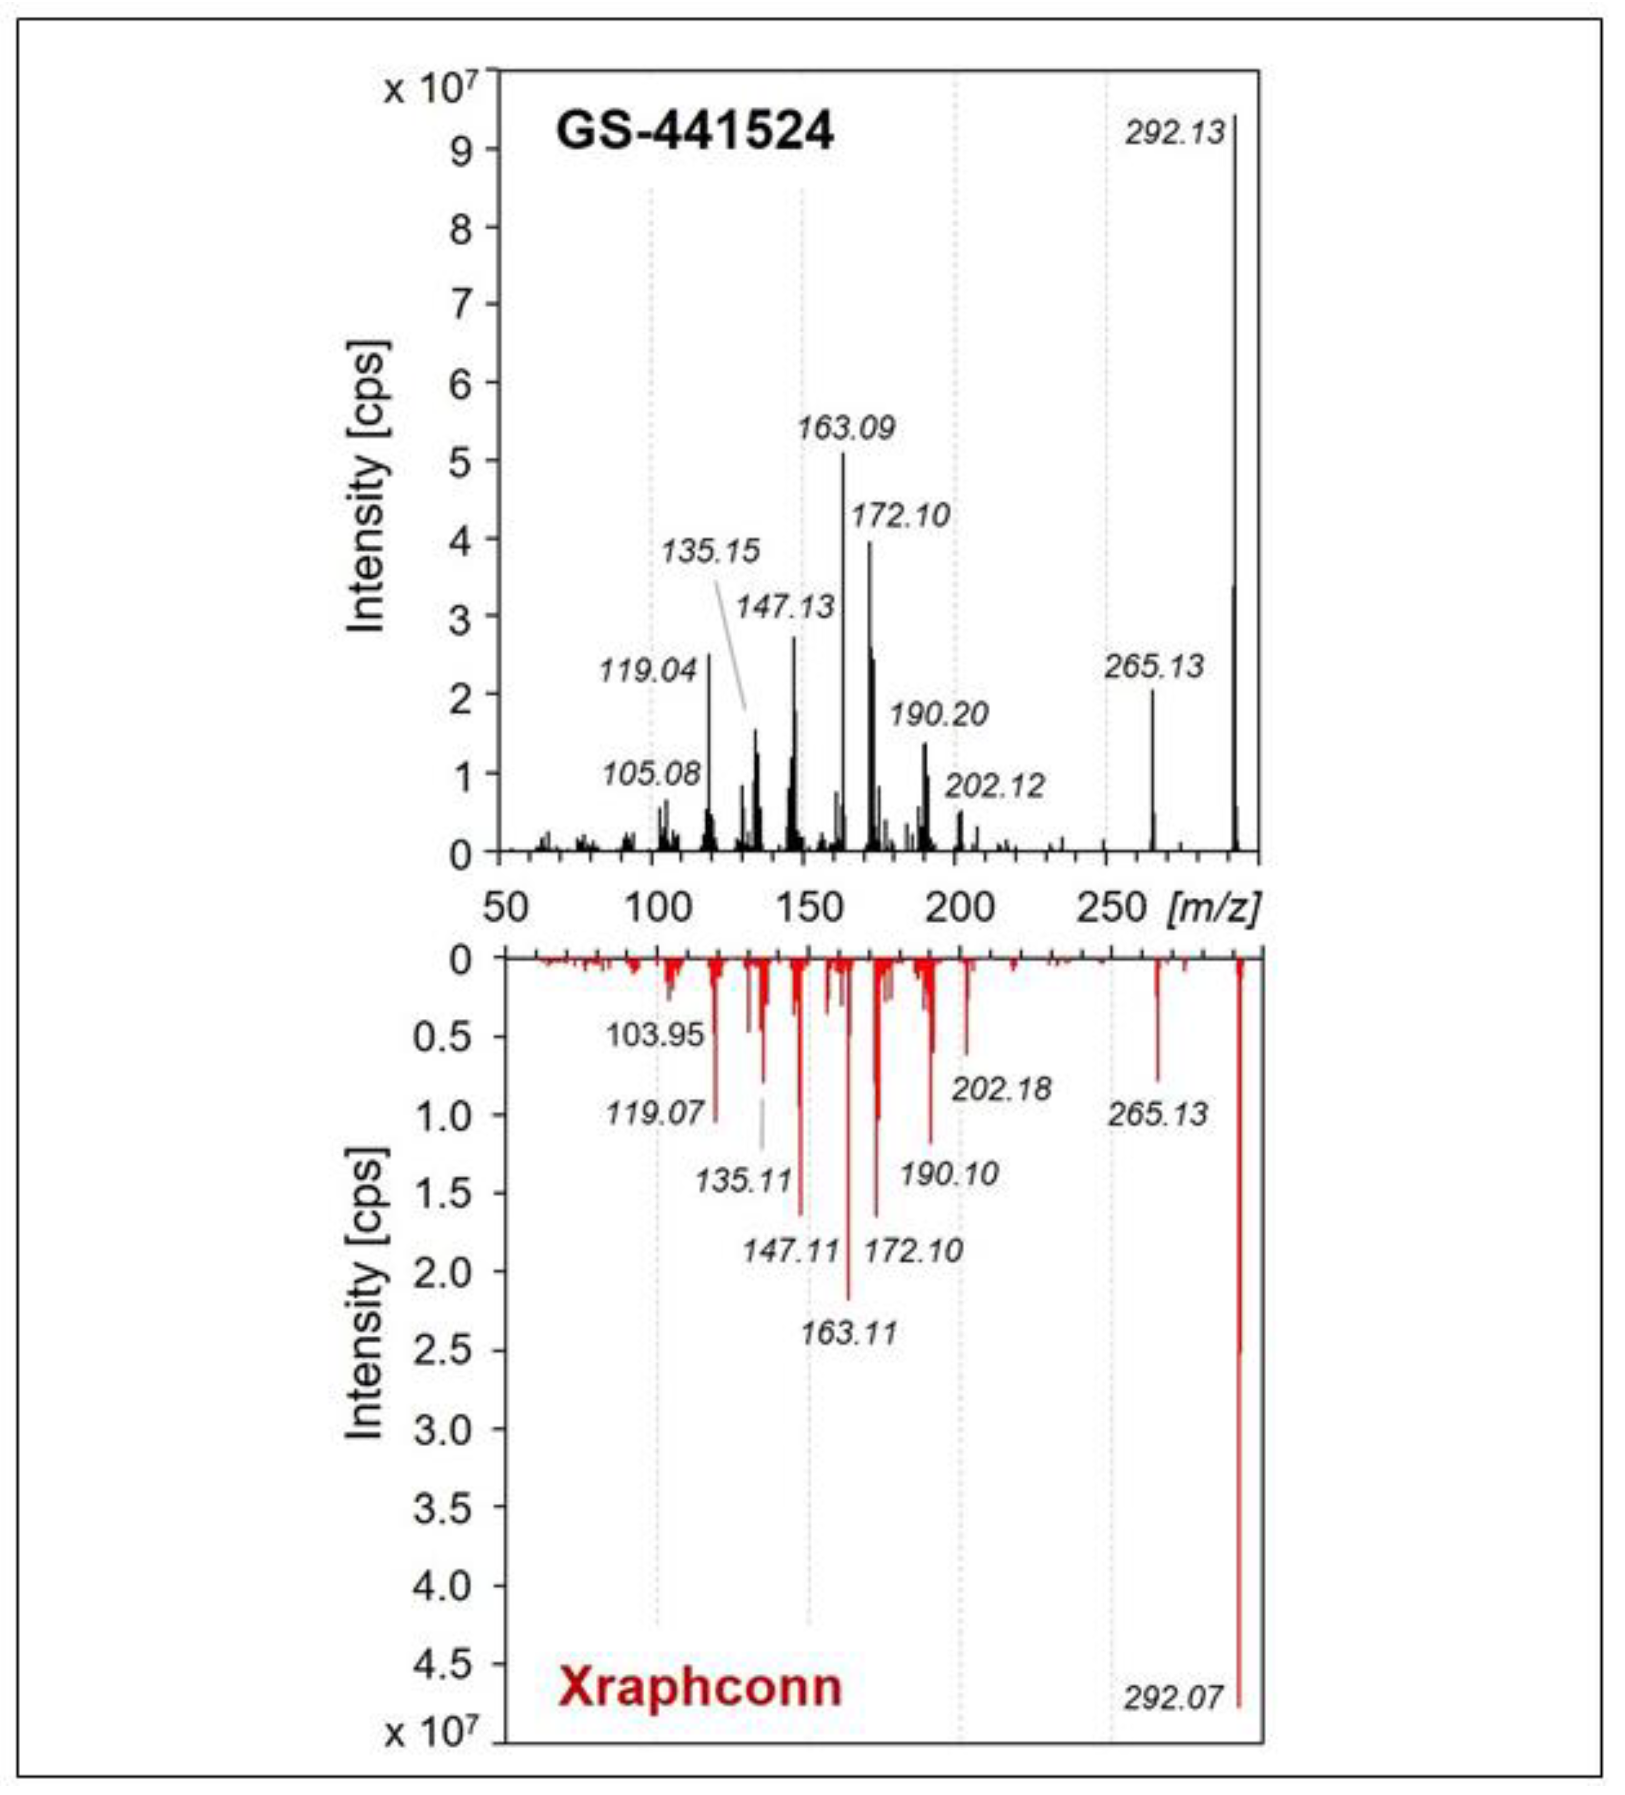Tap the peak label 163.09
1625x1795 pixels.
pyautogui.click(x=845, y=428)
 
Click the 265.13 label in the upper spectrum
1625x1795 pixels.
pyautogui.click(x=1154, y=666)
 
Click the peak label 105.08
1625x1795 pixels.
pyautogui.click(x=651, y=774)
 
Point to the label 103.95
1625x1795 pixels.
pyautogui.click(x=655, y=1034)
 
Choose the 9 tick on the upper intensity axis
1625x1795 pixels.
pyautogui.click(x=462, y=150)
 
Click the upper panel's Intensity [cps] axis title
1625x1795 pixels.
pyautogui.click(x=366, y=487)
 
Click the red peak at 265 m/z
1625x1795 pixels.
pyautogui.click(x=1158, y=1024)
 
